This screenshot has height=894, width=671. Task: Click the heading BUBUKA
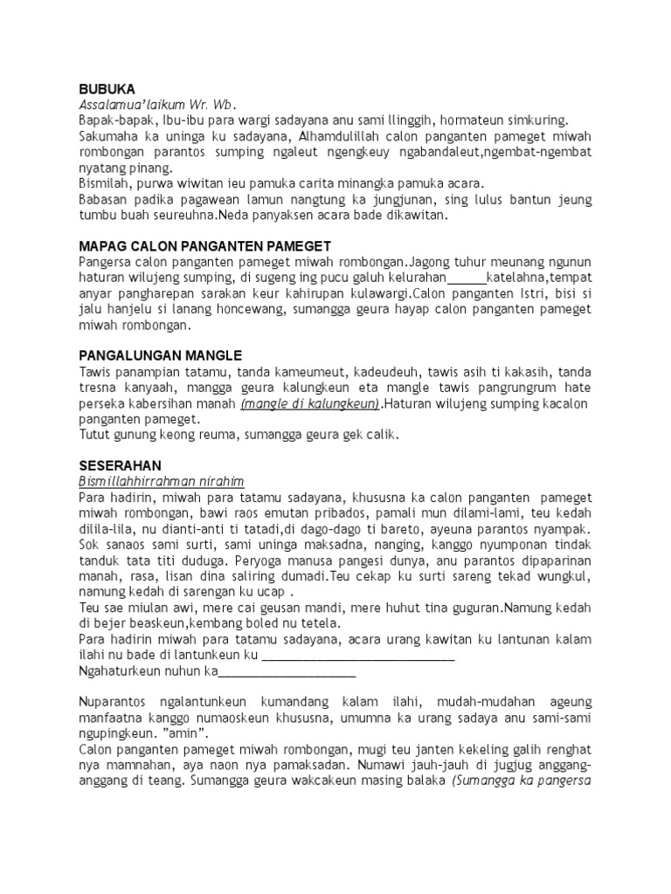pos(107,89)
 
